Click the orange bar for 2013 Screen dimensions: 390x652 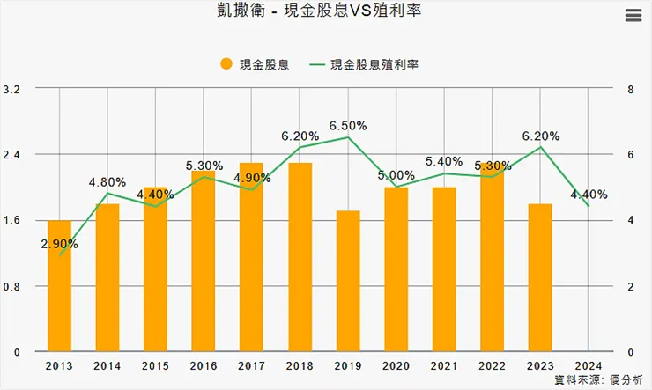60,286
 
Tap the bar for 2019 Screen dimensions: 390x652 348,282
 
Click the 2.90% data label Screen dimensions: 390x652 59,244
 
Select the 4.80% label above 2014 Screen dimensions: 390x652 107,182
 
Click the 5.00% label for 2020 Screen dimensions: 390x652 396,175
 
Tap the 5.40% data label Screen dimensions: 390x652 443,161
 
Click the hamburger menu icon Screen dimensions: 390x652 632,15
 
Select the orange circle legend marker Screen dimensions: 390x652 226,64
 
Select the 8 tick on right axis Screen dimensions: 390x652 629,90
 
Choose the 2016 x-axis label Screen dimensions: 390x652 204,364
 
